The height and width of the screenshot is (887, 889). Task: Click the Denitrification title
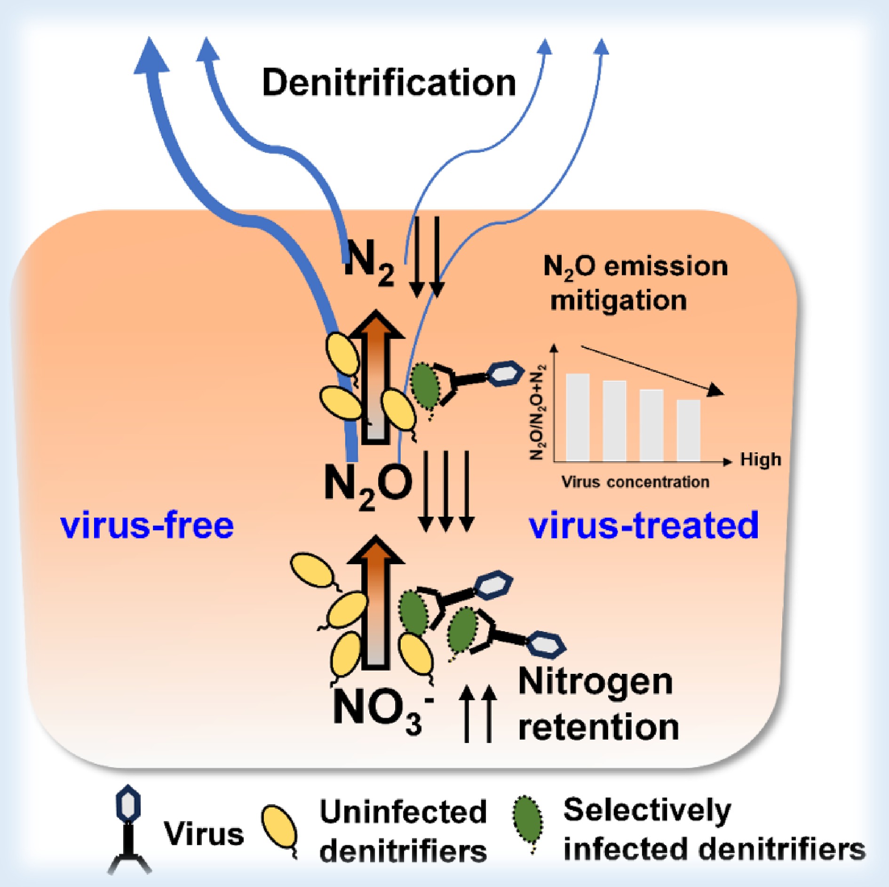389,83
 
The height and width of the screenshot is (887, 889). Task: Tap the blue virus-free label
147,526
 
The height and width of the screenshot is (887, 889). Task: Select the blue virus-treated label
643,526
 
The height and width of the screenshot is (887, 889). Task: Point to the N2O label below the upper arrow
368,485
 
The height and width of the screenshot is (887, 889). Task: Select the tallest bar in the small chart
578,417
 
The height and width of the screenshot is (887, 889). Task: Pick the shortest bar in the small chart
689,430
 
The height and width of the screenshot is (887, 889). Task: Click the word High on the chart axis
761,459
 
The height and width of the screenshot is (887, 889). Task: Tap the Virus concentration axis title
635,482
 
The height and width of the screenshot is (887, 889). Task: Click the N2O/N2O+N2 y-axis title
537,412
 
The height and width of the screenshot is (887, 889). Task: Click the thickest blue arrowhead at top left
151,56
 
